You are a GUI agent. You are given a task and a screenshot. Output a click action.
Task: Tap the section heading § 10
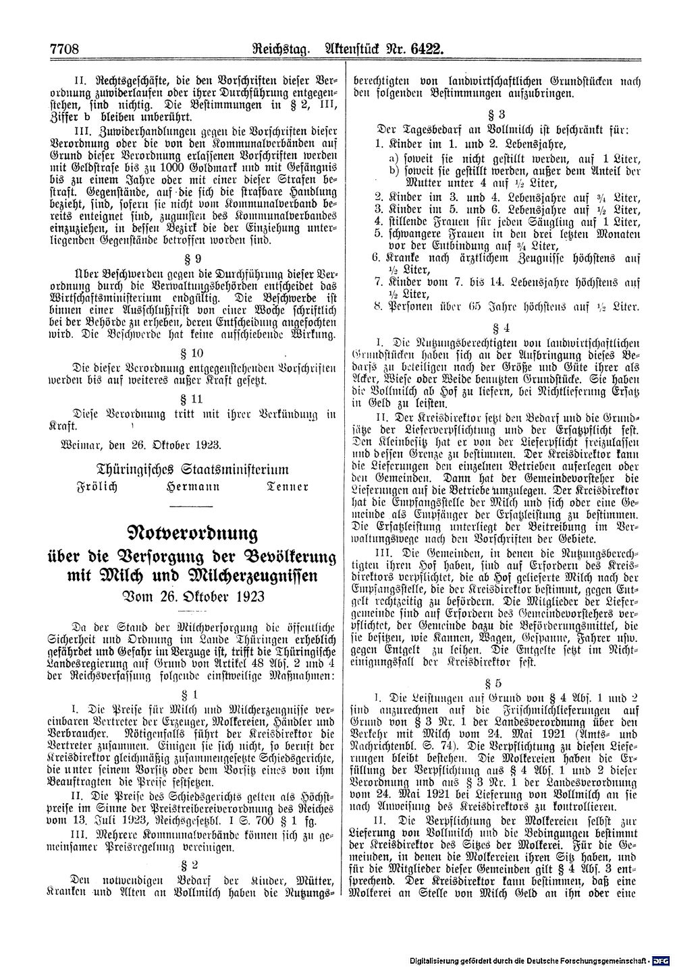[193, 353]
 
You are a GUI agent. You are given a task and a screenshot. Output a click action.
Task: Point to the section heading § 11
[193, 399]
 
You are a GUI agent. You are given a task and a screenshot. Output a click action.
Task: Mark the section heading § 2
[193, 864]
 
